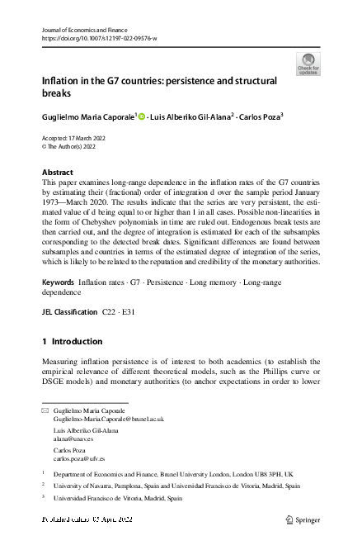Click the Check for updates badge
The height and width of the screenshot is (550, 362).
(x=308, y=64)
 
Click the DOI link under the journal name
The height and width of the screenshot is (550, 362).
(x=99, y=38)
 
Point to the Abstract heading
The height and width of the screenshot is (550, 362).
(x=57, y=173)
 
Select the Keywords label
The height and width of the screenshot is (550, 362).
(x=58, y=282)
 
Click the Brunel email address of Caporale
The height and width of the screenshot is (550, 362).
(x=108, y=420)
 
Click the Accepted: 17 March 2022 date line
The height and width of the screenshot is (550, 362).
(x=78, y=138)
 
